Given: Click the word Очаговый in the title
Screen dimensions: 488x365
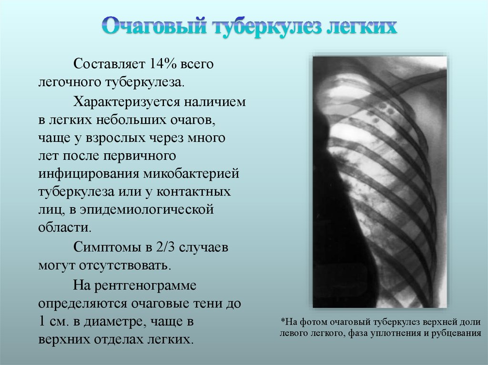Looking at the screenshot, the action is pos(155,26).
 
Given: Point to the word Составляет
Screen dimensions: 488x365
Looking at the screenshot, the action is pos(109,64).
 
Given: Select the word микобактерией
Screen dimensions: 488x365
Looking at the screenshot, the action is pos(192,174).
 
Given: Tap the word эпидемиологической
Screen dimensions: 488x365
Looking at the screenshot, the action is pos(147,209).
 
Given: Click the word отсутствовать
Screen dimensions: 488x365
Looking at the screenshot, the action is pos(125,265).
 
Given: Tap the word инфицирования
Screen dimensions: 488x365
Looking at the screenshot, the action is pos(89,174).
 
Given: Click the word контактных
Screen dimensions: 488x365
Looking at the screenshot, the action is pos(193,191).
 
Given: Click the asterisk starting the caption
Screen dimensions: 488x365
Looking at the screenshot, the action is pos(283,320).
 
